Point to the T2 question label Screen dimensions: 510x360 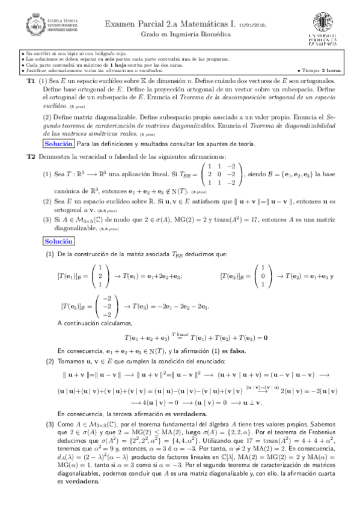point(31,156)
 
